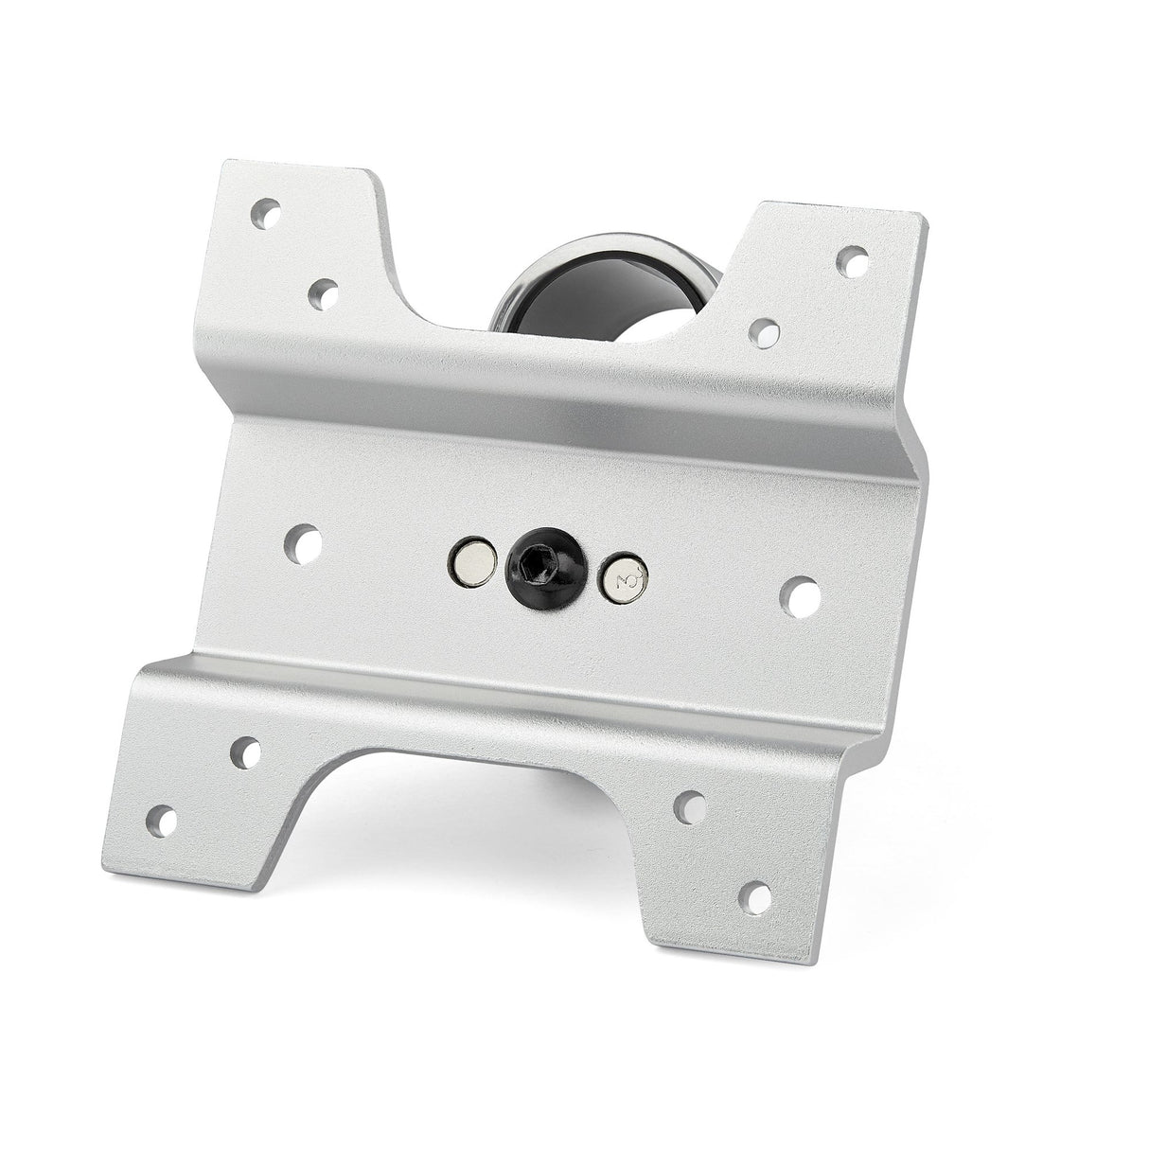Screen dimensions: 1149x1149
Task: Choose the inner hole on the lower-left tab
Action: [245, 751]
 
